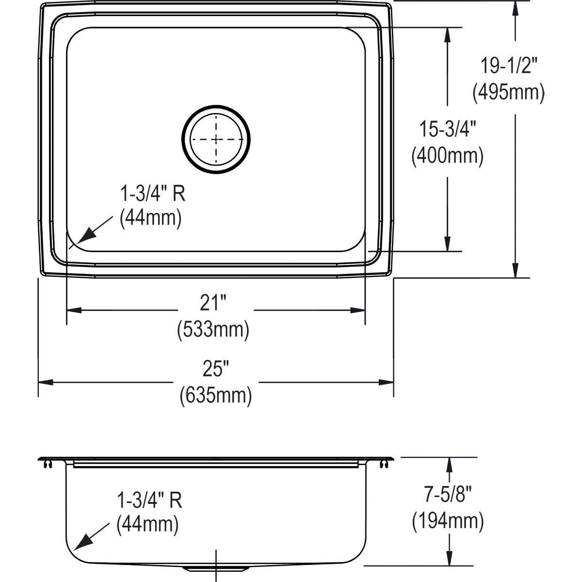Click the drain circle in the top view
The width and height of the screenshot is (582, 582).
click(216, 139)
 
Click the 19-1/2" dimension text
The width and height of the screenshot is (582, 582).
click(509, 65)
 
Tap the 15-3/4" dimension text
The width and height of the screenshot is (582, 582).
click(447, 130)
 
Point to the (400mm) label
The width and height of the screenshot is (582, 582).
click(447, 156)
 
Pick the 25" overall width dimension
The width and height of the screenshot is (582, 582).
click(215, 371)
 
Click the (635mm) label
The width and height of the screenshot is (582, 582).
click(215, 396)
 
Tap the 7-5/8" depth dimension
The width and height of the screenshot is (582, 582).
click(448, 496)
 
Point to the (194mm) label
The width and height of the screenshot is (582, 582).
click(448, 522)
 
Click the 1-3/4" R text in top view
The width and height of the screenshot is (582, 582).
click(153, 194)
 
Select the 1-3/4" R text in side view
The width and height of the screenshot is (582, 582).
click(150, 500)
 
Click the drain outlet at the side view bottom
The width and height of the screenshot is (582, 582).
click(216, 567)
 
